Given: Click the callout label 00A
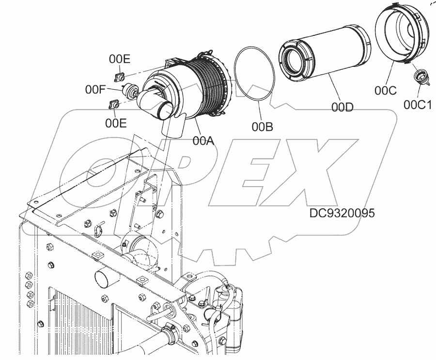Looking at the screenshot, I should (x=203, y=141).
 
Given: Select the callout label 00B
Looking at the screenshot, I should (x=262, y=126).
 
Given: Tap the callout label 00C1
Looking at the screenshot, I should (x=418, y=105).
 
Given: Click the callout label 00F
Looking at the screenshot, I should (x=96, y=89).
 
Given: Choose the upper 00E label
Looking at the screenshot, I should (x=119, y=59).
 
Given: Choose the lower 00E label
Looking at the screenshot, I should (x=116, y=123).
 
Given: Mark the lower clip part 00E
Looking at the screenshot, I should (x=114, y=104).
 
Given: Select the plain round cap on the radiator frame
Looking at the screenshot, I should (x=106, y=280).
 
